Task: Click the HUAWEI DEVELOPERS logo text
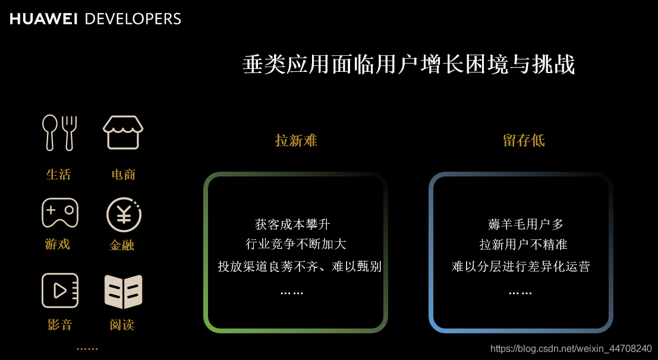pyautogui.click(x=95, y=18)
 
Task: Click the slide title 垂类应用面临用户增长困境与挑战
pyautogui.click(x=409, y=65)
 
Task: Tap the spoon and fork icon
pyautogui.click(x=59, y=132)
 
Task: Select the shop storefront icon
pyautogui.click(x=123, y=132)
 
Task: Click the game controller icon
pyautogui.click(x=59, y=212)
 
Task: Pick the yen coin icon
pyautogui.click(x=124, y=214)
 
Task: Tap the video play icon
pyautogui.click(x=60, y=290)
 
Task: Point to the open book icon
pyautogui.click(x=123, y=291)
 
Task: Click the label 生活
pyautogui.click(x=58, y=175)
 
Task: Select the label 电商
pyautogui.click(x=124, y=175)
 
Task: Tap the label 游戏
pyautogui.click(x=58, y=244)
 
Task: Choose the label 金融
pyautogui.click(x=122, y=245)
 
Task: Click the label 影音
pyautogui.click(x=59, y=325)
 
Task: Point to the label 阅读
pyautogui.click(x=122, y=325)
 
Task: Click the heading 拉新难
pyautogui.click(x=296, y=141)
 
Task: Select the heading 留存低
pyautogui.click(x=524, y=141)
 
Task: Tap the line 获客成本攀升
pyautogui.click(x=292, y=225)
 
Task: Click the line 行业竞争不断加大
pyautogui.click(x=295, y=244)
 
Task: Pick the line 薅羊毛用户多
pyautogui.click(x=525, y=225)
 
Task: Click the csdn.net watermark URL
pyautogui.click(x=571, y=349)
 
